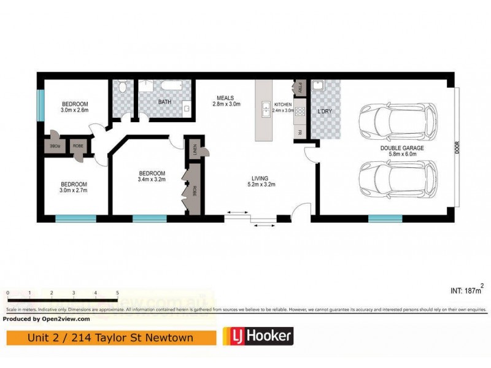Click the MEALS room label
[x=227, y=97]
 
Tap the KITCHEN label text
[x=284, y=105]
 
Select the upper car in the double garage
[x=398, y=120]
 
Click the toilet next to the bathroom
[x=122, y=90]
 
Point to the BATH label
[x=164, y=102]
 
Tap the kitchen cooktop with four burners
[x=301, y=112]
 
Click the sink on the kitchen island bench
[x=266, y=109]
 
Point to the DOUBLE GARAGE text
[x=402, y=148]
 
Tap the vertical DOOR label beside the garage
[x=456, y=148]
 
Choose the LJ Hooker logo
[x=257, y=335]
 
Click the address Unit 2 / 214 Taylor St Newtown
[x=110, y=337]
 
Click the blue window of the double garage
[x=385, y=218]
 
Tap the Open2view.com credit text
[x=47, y=319]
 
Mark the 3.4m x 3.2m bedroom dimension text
[x=152, y=180]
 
